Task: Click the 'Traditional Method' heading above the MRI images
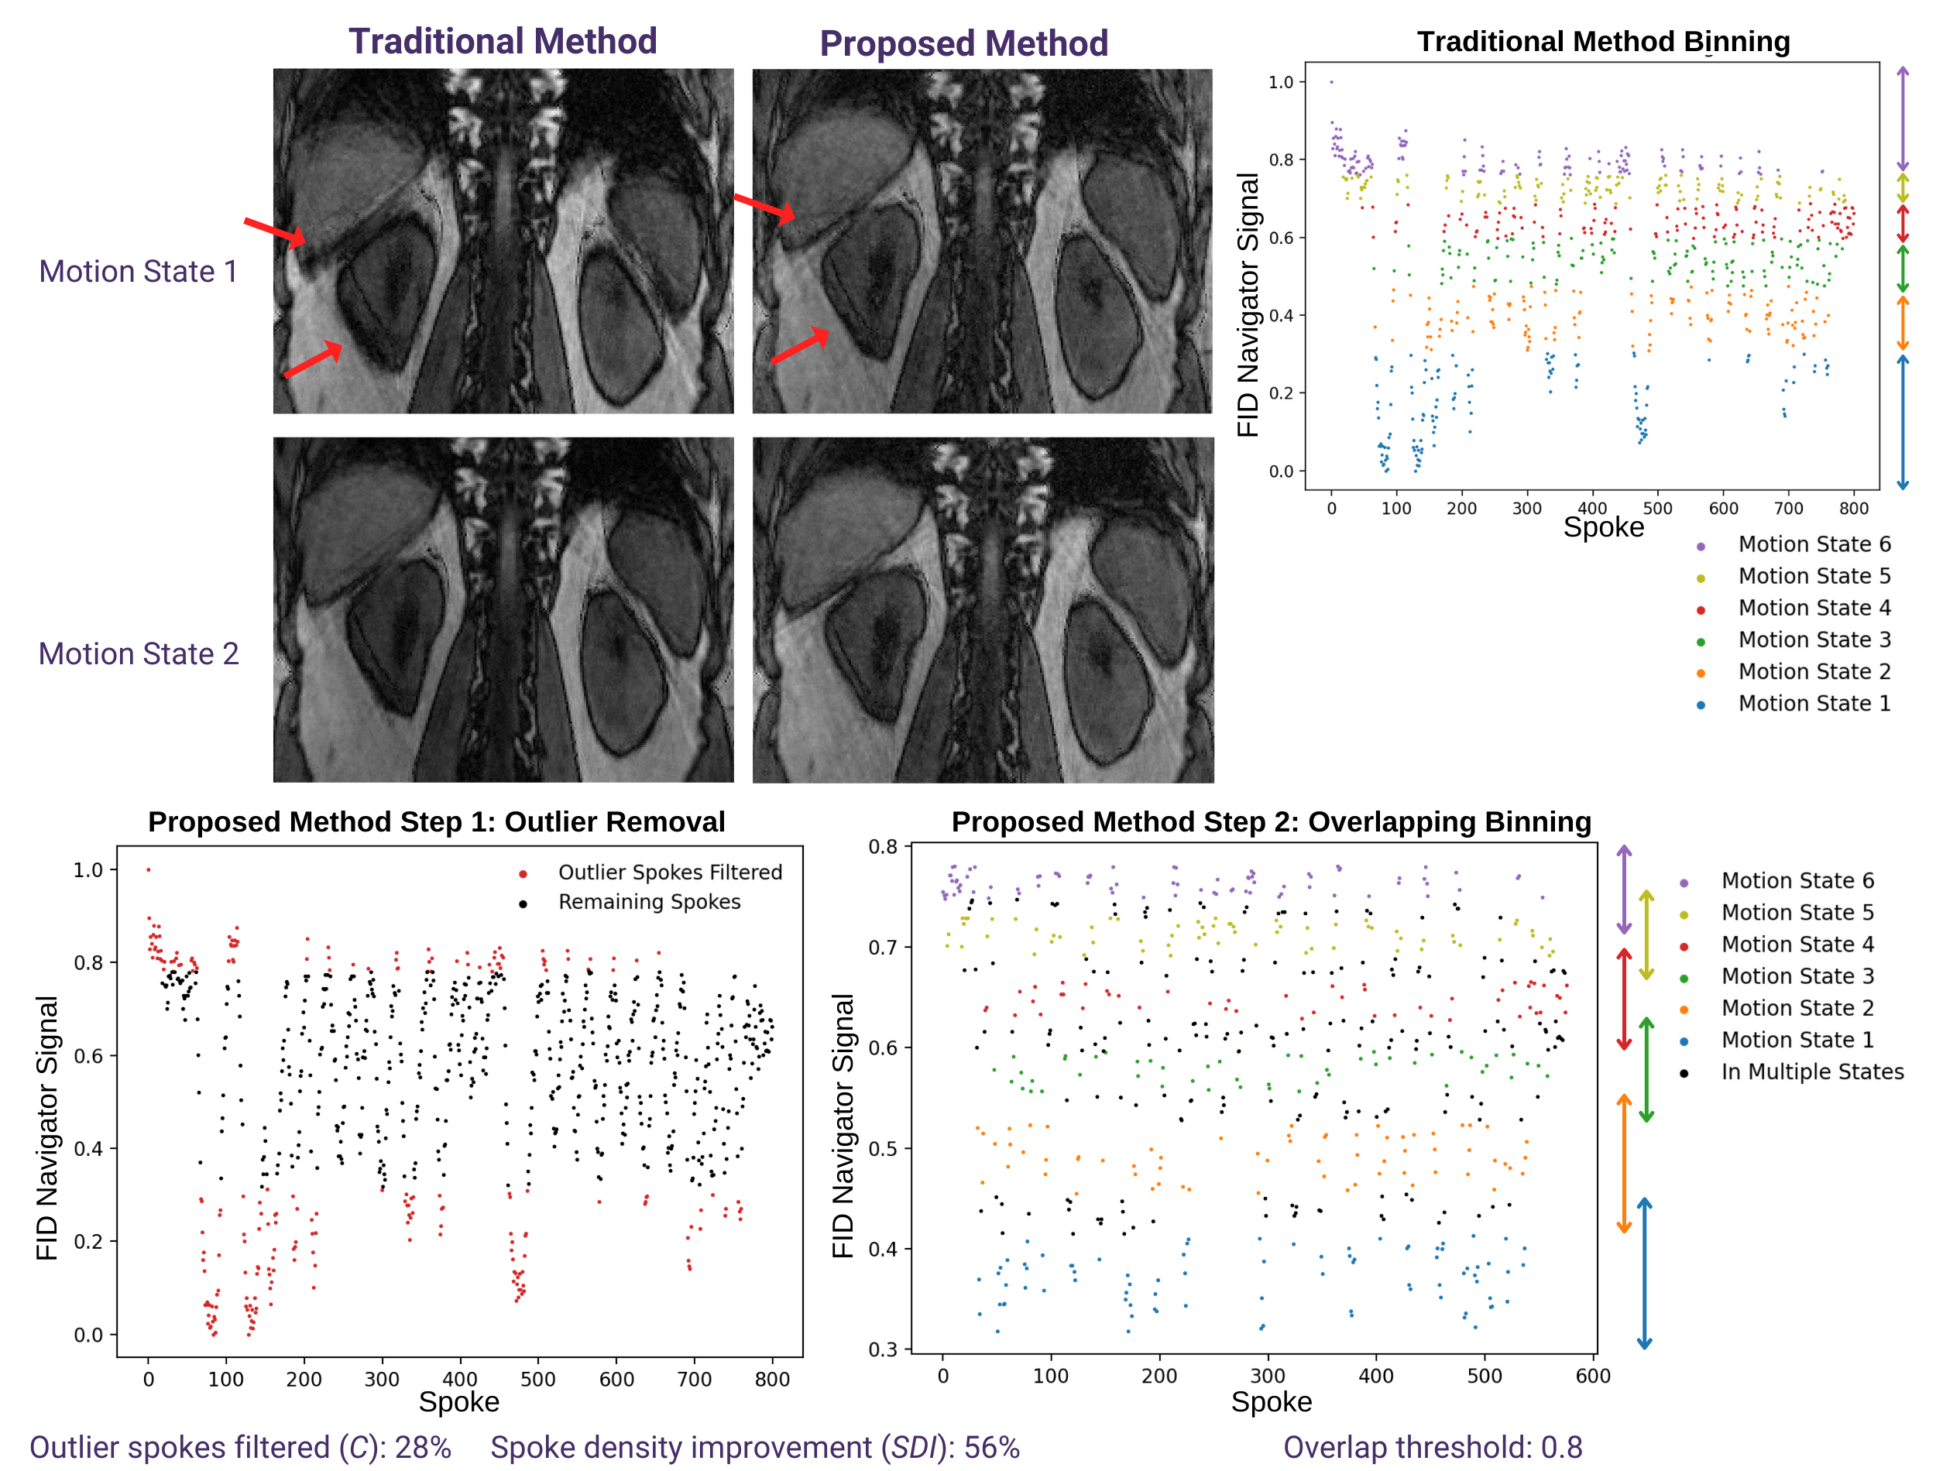503,41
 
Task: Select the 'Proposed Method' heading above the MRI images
963,44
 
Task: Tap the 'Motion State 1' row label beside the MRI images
139,272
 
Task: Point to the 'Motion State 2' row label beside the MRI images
139,654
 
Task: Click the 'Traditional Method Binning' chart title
1603,41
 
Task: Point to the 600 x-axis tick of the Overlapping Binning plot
1593,1376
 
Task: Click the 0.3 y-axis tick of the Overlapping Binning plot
884,1349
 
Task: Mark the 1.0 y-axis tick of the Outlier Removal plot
88,870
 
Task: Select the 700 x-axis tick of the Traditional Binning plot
1789,509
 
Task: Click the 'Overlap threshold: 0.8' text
1433,1447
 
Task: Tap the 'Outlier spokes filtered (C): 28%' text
241,1447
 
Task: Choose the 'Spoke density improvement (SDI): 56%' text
755,1447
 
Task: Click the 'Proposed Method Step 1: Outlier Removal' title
436,822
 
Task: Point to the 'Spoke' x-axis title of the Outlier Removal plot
458,1402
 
